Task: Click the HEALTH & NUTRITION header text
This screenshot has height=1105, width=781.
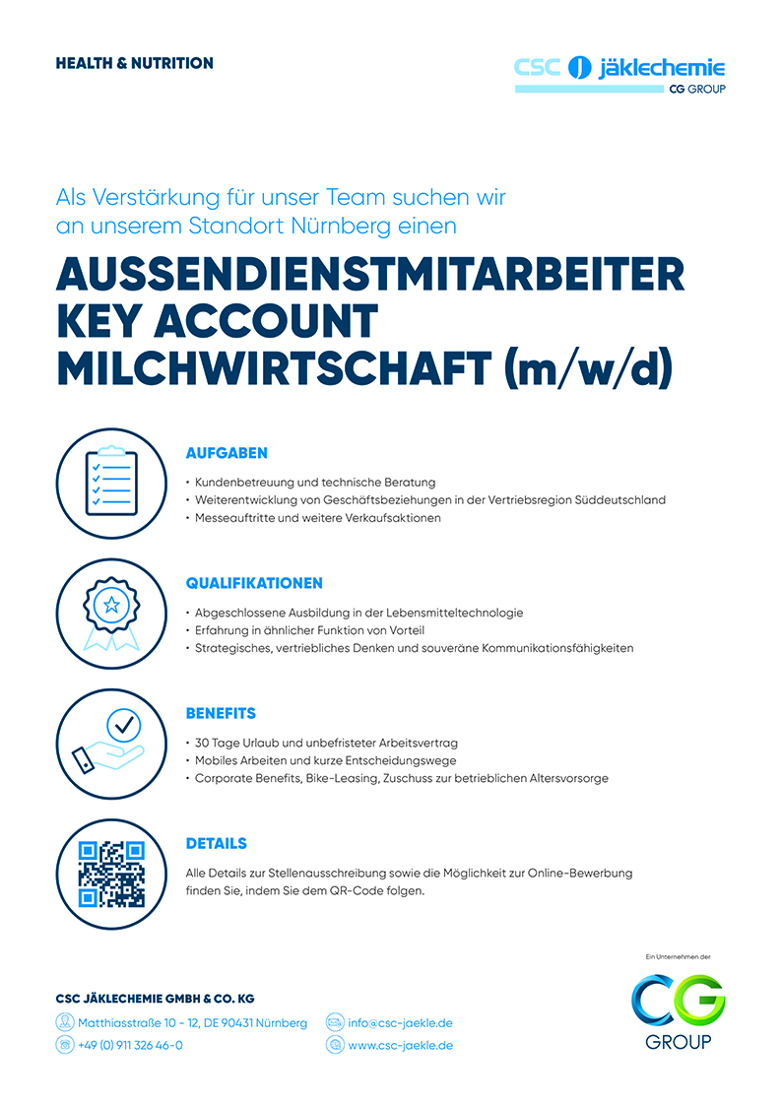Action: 134,63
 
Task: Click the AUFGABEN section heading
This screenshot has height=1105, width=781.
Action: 227,453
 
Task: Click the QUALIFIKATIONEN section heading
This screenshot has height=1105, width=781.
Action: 254,583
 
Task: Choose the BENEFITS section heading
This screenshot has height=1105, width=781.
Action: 221,713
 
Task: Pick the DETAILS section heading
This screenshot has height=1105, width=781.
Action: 216,843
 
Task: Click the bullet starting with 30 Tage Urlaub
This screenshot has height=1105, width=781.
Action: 325,743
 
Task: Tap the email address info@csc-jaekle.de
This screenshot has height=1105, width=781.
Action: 400,1022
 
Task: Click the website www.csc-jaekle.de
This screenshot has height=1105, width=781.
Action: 400,1045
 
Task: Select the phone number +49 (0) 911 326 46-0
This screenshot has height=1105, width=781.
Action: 130,1045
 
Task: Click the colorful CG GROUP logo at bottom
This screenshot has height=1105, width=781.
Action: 679,1008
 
